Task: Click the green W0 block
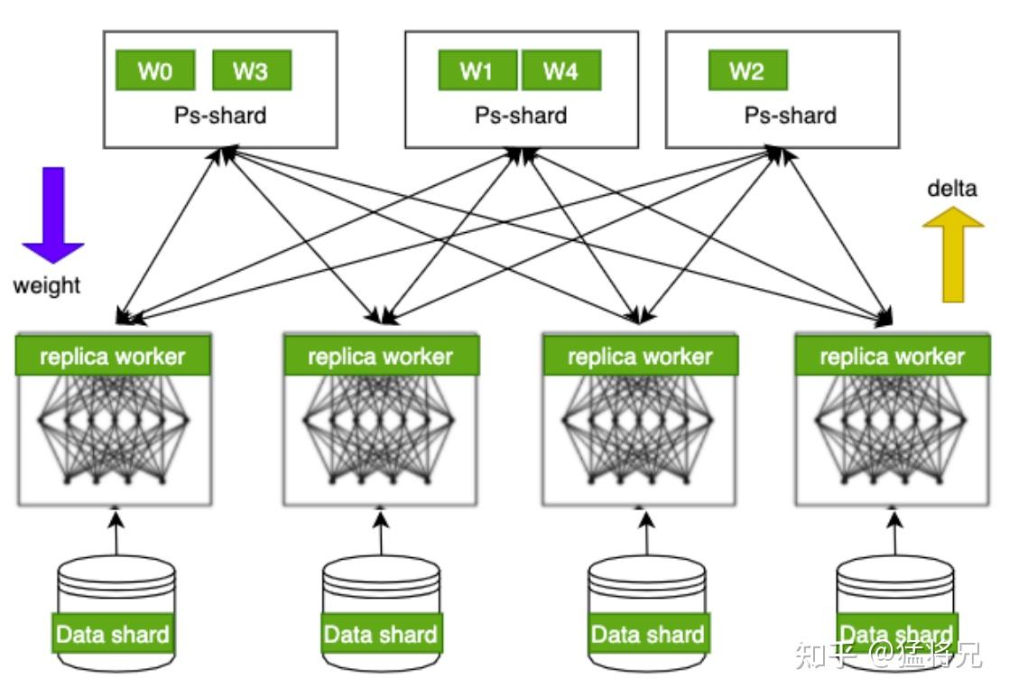pos(155,71)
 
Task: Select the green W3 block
pos(251,71)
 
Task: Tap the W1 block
pos(477,71)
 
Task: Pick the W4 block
pos(560,71)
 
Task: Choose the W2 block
pos(747,71)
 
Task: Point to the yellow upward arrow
pos(953,254)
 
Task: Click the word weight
pos(46,286)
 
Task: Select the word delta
pos(952,189)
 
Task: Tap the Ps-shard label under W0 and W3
pos(220,116)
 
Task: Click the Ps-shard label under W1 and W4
pos(521,116)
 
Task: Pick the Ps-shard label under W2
pos(790,116)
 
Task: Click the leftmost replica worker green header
pos(113,357)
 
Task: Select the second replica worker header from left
pos(381,357)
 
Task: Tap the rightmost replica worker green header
pos(893,357)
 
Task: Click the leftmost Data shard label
pos(113,634)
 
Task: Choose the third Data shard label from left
pos(647,634)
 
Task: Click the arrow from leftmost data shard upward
pos(116,533)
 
